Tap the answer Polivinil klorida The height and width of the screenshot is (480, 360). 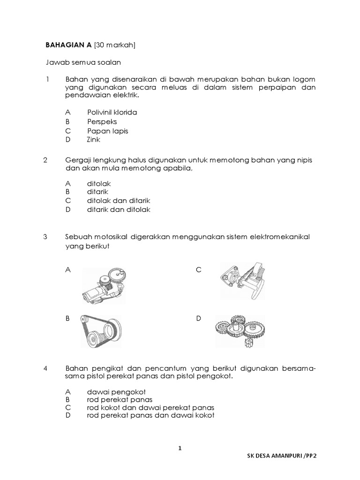coord(112,112)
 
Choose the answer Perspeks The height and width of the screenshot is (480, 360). coord(102,122)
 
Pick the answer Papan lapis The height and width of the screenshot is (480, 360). coord(107,131)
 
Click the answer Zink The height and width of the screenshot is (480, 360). coord(94,139)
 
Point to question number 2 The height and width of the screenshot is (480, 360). coord(45,160)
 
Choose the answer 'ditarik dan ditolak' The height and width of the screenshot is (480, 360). coord(118,210)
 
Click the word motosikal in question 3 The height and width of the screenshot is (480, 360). coord(112,237)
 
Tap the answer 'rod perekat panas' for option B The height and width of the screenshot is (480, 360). coord(120,399)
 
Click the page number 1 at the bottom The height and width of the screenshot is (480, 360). coord(180,449)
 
